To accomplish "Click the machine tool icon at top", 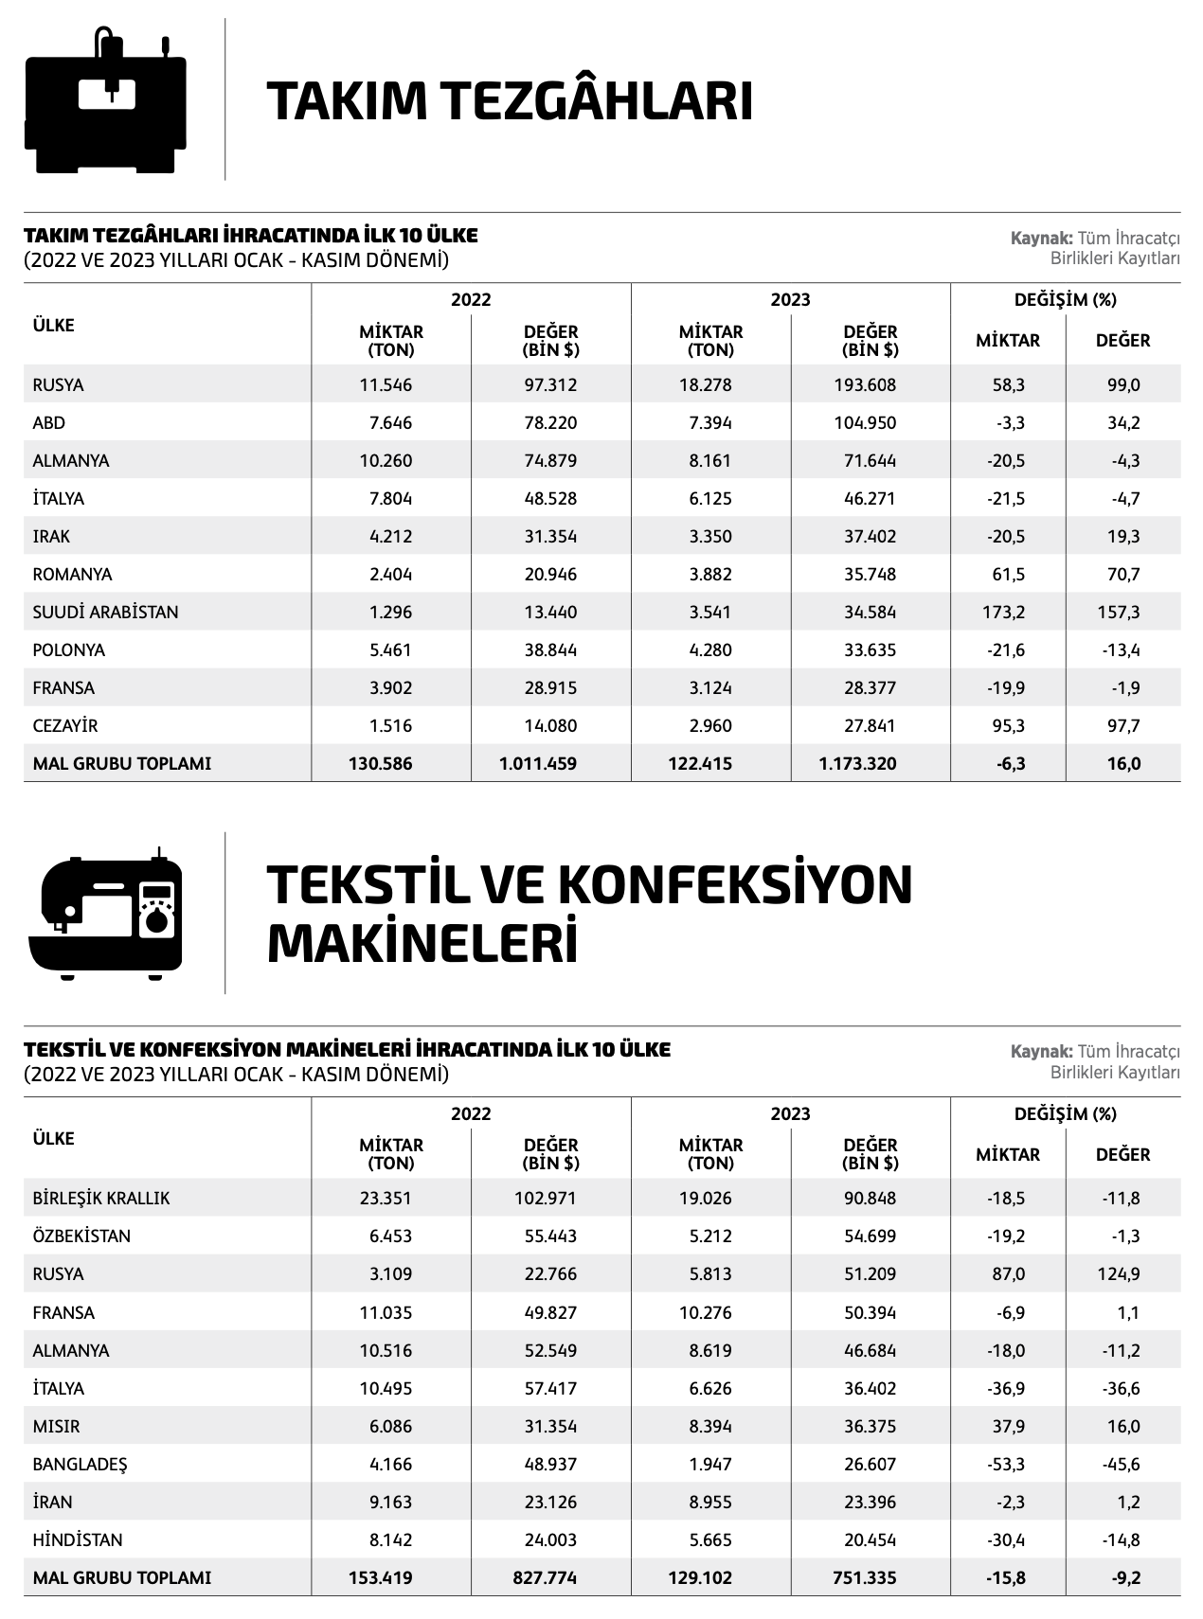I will point(106,102).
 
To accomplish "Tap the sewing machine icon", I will point(106,916).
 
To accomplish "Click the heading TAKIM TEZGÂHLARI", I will point(510,102).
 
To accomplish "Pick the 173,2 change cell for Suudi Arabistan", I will point(1003,613).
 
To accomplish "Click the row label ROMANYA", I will point(72,575).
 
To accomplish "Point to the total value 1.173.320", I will point(857,764).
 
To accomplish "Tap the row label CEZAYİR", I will point(65,726).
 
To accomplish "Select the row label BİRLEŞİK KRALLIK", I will point(101,1199).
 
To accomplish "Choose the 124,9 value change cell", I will point(1119,1274).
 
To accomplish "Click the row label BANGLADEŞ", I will point(80,1465).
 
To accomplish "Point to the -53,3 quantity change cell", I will point(1005,1465).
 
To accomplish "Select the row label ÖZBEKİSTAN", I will point(81,1236).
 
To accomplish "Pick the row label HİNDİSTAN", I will point(78,1540).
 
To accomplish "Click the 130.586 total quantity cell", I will point(380,764).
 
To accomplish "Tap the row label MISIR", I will point(56,1427).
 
